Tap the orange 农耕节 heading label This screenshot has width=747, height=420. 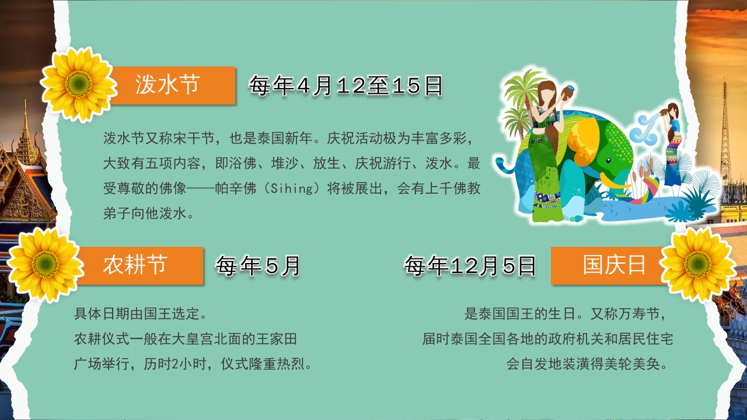[135, 265]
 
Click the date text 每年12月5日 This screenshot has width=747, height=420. [470, 266]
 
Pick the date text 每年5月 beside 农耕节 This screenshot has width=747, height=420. [258, 266]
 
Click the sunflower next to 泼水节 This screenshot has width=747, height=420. [79, 85]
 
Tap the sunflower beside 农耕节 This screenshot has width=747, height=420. [46, 264]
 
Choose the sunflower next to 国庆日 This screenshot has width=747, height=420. [698, 264]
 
